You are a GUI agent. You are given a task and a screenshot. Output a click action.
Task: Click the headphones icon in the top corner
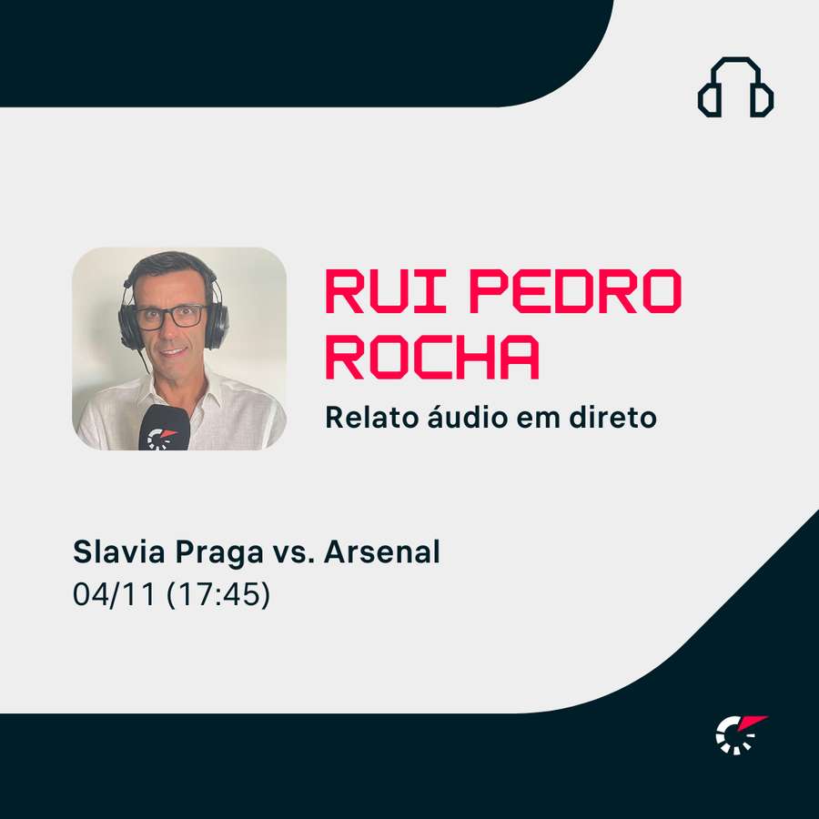coord(735,87)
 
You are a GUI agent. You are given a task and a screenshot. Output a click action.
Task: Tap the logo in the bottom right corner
coord(740,734)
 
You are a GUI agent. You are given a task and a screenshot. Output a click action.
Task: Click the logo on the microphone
coord(161,438)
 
